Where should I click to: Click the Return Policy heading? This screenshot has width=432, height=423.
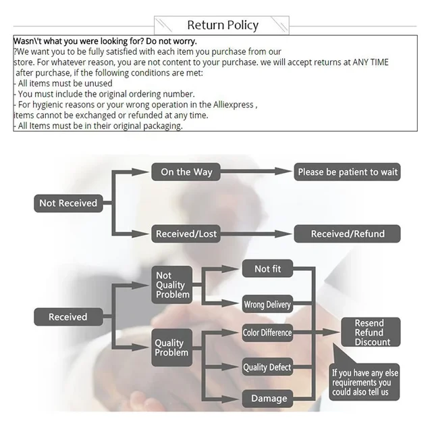click(x=223, y=26)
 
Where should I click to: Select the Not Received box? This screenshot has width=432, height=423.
click(x=68, y=203)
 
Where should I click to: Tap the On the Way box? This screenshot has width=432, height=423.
click(x=186, y=172)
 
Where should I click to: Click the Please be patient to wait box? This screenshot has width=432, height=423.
click(x=348, y=172)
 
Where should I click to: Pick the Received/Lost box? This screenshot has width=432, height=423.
click(x=186, y=234)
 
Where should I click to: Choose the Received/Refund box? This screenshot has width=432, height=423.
click(x=348, y=234)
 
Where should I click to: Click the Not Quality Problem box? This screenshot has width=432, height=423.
click(x=171, y=285)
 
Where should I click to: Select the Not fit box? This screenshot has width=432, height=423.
click(x=267, y=269)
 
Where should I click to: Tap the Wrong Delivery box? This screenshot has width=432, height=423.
click(x=267, y=305)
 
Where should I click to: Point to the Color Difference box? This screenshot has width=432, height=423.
click(x=267, y=332)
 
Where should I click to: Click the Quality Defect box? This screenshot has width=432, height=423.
click(x=267, y=368)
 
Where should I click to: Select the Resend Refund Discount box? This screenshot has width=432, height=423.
click(x=369, y=332)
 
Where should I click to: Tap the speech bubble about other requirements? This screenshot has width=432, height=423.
click(x=365, y=382)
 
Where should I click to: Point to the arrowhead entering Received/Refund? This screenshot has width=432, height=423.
click(x=288, y=234)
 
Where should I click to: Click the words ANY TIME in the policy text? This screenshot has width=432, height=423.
click(x=370, y=62)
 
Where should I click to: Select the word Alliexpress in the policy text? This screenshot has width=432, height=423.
click(x=230, y=105)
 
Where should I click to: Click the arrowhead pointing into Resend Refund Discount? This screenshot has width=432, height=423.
click(x=335, y=332)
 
